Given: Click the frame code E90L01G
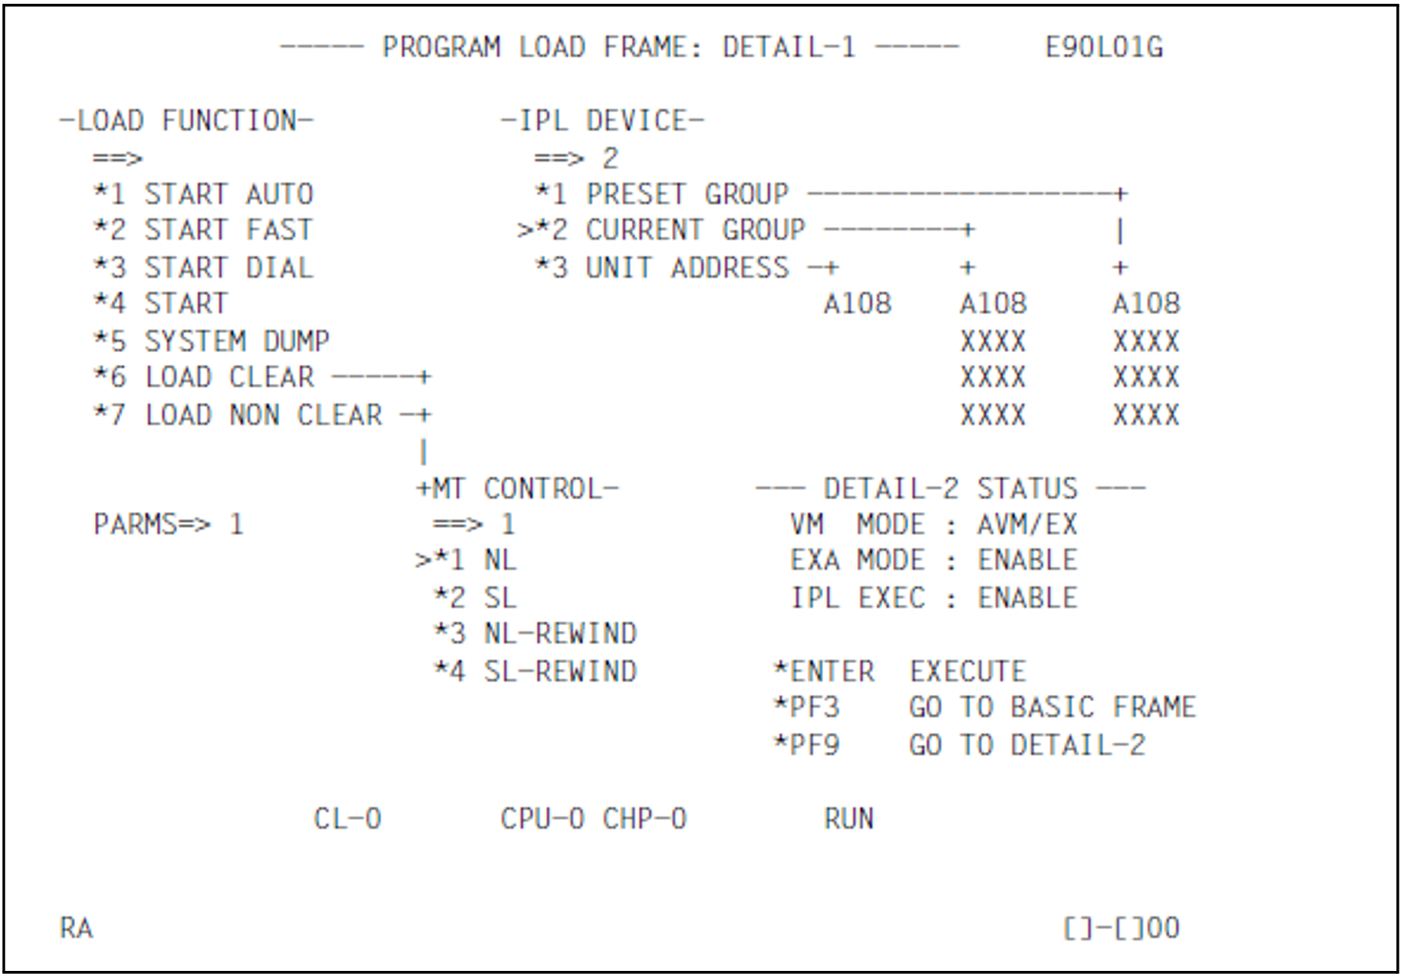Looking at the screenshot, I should [1103, 48].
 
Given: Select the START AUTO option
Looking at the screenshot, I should [228, 195].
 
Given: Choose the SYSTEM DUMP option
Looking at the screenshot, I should [236, 341].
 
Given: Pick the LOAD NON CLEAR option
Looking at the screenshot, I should [263, 416].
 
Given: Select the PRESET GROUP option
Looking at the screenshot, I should [686, 195].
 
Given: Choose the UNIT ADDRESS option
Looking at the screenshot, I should [686, 268].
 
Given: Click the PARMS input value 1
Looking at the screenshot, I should [237, 525].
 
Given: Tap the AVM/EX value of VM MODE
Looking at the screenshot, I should [1027, 525].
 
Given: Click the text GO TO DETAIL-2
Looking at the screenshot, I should [1027, 746].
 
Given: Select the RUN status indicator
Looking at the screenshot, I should [849, 819].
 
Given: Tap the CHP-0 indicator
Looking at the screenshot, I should [645, 819].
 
